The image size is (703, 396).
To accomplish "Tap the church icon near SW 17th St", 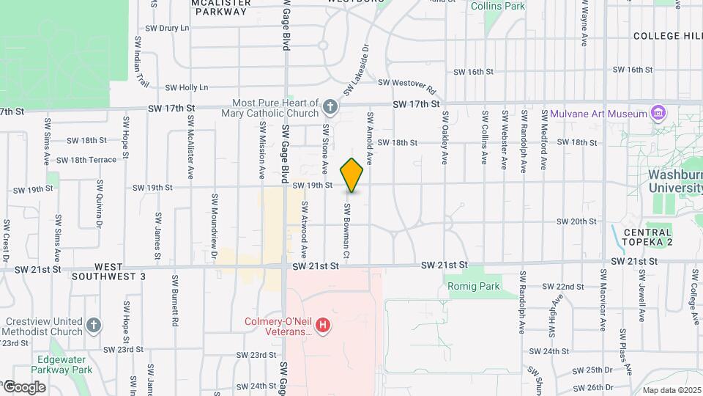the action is click(330, 108).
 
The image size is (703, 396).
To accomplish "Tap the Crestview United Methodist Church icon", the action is click(93, 324).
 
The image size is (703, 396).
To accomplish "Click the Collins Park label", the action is click(498, 6).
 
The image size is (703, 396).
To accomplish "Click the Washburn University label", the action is click(675, 181).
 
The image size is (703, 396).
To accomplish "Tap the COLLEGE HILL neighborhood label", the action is click(667, 35).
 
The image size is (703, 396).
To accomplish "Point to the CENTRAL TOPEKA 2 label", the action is click(647, 237).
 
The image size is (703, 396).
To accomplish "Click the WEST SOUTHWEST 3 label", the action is click(110, 272).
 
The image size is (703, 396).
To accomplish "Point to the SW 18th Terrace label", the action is click(86, 160).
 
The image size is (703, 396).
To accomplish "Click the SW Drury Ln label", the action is click(166, 28).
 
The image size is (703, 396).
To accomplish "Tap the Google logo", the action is click(23, 386).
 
